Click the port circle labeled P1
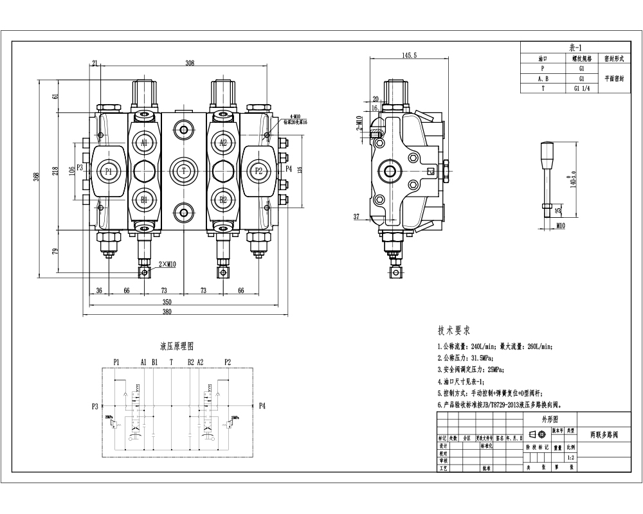[x=108, y=171]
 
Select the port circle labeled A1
[x=144, y=143]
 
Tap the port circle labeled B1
[x=144, y=200]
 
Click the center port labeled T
[x=184, y=171]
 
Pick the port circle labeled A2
[x=223, y=143]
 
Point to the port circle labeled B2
[x=223, y=200]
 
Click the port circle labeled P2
[x=258, y=171]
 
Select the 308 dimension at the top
[x=190, y=63]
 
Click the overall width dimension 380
[x=167, y=311]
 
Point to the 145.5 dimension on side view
[x=410, y=56]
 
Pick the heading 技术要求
[x=454, y=331]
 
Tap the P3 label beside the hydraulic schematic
[x=95, y=406]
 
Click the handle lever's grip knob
[x=548, y=154]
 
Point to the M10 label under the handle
[x=560, y=226]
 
